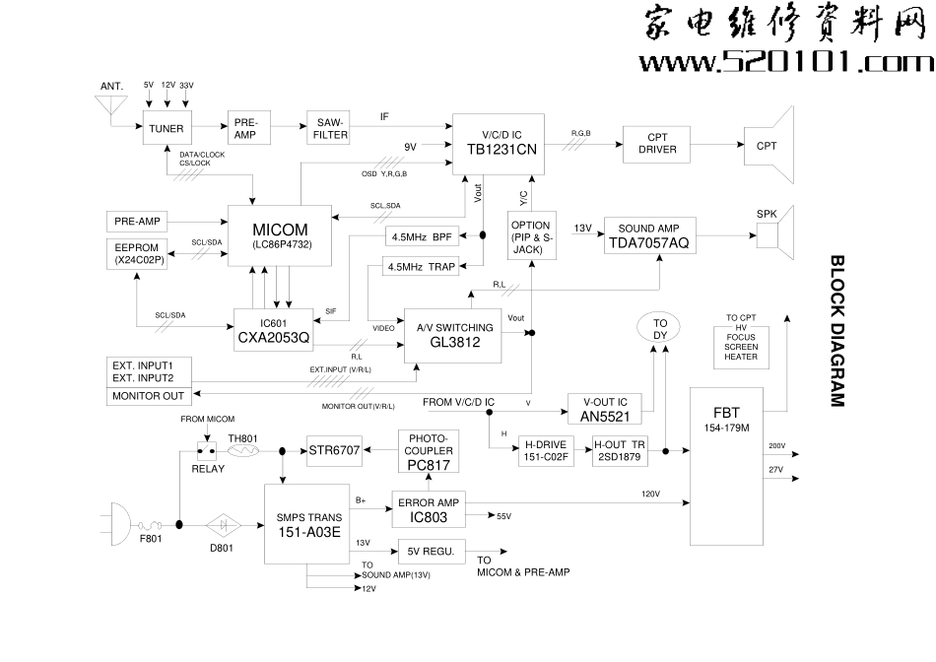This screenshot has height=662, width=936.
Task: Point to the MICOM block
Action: [x=281, y=235]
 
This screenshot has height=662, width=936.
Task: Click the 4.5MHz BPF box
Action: [x=422, y=237]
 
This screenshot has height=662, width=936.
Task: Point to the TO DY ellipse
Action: [x=660, y=329]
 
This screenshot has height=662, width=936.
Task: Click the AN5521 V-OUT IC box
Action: [x=605, y=409]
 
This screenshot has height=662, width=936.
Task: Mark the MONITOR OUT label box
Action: [x=149, y=396]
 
